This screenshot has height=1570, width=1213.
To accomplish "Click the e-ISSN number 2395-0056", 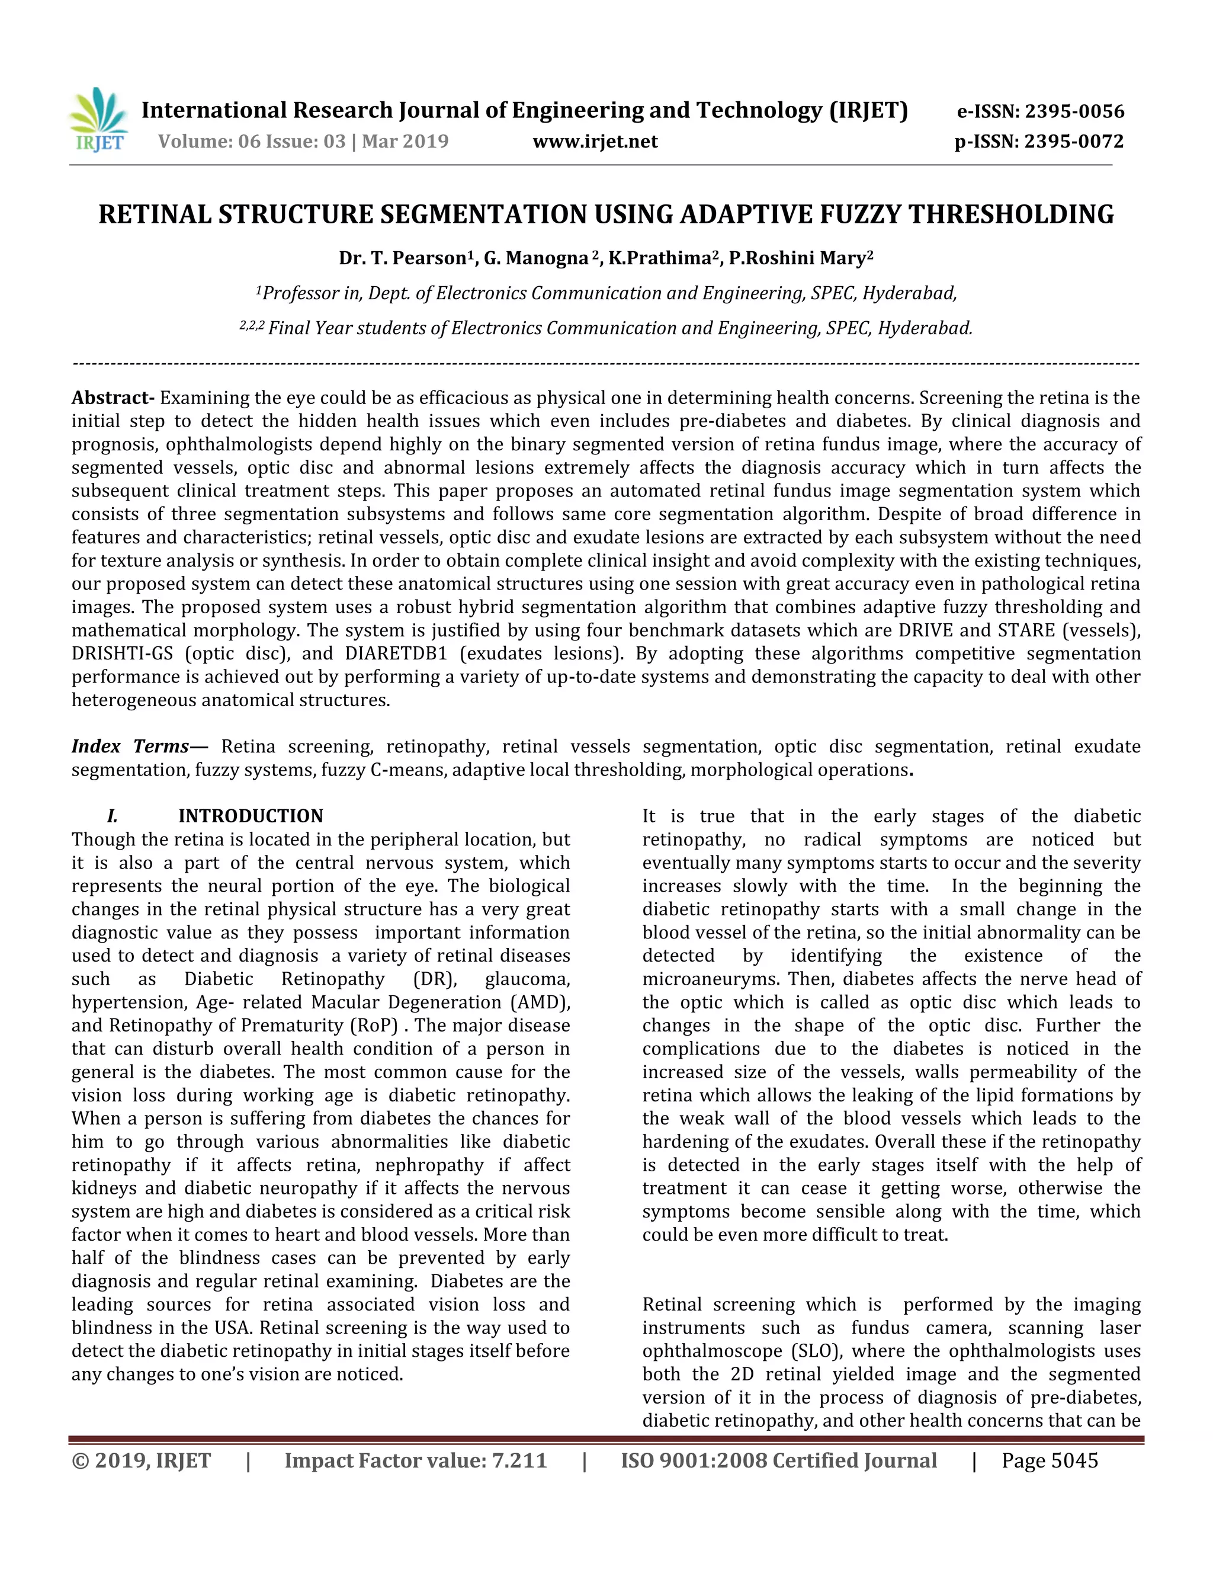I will [1074, 111].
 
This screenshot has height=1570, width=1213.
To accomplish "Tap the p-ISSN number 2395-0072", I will [1074, 141].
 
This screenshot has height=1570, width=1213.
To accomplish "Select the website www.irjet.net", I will [595, 141].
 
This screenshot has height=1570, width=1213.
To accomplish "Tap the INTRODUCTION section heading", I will [251, 816].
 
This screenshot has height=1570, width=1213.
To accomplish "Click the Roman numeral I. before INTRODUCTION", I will [112, 816].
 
